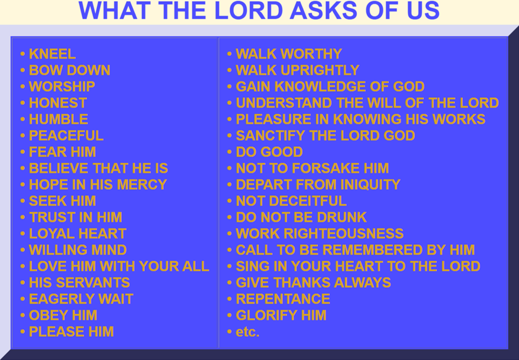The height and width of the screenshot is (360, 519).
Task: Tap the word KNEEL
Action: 52,54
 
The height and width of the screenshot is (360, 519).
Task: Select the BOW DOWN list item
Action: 69,71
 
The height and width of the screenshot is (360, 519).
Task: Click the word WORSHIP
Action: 62,87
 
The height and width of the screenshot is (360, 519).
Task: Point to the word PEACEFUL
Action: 66,136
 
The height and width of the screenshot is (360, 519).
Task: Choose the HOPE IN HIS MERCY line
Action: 98,185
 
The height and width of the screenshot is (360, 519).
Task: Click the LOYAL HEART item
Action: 77,234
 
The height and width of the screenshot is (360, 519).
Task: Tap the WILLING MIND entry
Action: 78,250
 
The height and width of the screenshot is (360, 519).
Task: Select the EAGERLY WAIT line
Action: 81,299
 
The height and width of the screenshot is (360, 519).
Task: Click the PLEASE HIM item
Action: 71,332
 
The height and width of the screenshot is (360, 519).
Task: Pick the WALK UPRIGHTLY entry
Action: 298,71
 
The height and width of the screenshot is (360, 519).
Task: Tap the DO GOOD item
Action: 269,152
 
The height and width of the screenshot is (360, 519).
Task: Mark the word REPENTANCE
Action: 283,299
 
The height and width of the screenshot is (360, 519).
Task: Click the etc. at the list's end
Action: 247,332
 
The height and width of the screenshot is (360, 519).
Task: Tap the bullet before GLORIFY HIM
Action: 229,316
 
